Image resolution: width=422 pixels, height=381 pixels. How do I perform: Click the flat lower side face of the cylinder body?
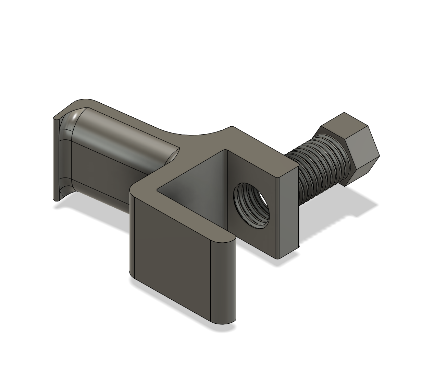(103, 172)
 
